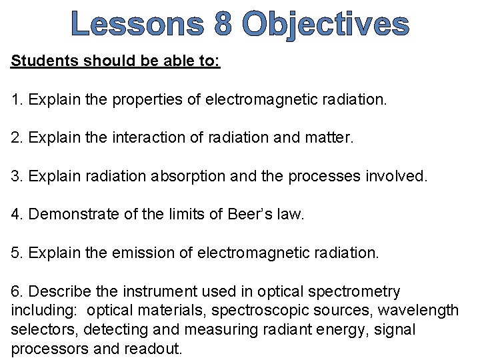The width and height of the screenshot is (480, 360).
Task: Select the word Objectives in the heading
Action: click(x=326, y=25)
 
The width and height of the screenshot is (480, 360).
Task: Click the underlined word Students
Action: click(x=44, y=62)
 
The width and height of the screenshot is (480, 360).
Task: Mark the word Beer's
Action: click(x=248, y=215)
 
